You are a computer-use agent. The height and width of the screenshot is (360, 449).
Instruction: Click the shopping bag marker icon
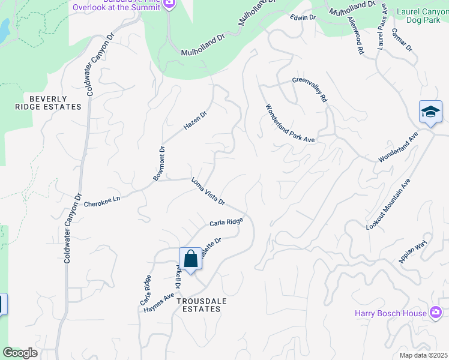point(190,259)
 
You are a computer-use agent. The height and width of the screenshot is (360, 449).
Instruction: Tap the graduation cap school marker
point(430,112)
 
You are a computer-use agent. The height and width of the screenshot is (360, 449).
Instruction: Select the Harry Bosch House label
point(390,313)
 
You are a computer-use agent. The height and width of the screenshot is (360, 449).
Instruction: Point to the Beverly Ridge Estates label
point(47,102)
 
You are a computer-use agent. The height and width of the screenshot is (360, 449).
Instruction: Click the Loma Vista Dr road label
point(208,191)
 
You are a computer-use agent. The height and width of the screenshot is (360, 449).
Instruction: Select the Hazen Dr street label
point(195,120)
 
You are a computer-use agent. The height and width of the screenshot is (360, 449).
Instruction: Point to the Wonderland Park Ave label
point(291,123)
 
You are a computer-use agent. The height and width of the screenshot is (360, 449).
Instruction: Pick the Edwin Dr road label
point(303,17)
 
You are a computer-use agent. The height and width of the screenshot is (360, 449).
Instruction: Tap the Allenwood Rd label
point(355,35)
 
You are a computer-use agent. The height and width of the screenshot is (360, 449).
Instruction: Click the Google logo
point(20,353)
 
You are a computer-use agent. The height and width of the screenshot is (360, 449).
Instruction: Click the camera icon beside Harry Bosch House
point(436,313)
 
